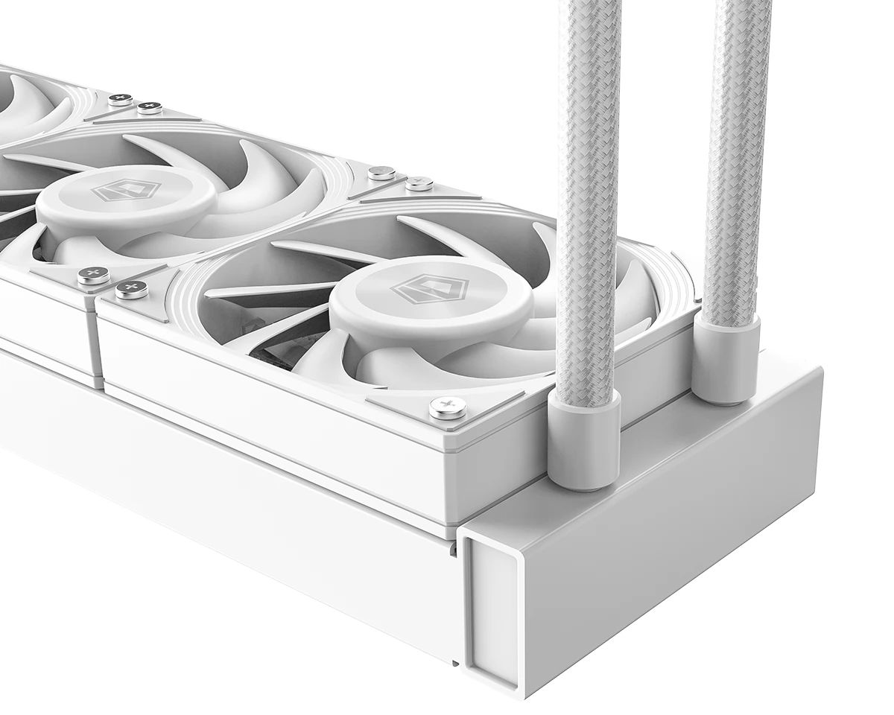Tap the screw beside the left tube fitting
(x=448, y=407)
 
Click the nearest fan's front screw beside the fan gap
(x=131, y=290)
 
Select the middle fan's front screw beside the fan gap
(x=93, y=276)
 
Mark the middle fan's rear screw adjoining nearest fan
(x=381, y=173)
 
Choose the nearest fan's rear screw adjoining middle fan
(x=419, y=183)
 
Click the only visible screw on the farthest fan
(x=119, y=99)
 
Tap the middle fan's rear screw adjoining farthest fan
(x=150, y=107)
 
